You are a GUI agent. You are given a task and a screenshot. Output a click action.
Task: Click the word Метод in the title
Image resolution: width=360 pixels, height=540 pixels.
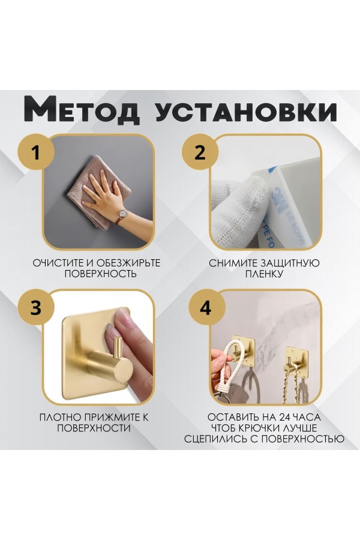tap(82, 111)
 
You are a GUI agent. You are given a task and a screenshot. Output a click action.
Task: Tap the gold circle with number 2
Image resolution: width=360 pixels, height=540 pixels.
tap(200, 152)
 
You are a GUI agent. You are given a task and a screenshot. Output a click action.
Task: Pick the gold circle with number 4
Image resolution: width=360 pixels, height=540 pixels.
tap(205, 308)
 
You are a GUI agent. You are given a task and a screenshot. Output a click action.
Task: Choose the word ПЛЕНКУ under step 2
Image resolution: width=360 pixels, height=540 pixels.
tap(263, 274)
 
